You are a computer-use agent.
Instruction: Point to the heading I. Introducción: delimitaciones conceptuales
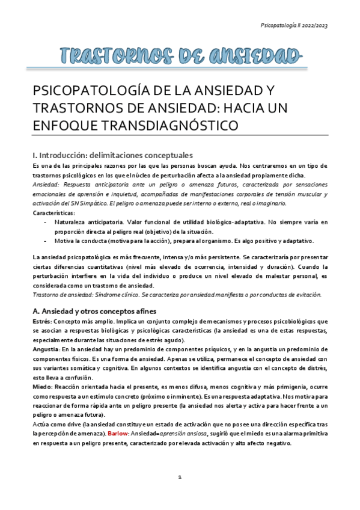click(x=112, y=154)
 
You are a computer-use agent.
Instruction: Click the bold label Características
click(x=53, y=213)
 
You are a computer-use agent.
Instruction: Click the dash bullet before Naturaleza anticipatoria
click(x=46, y=223)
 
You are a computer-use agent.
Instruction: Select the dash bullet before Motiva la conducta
click(x=46, y=241)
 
